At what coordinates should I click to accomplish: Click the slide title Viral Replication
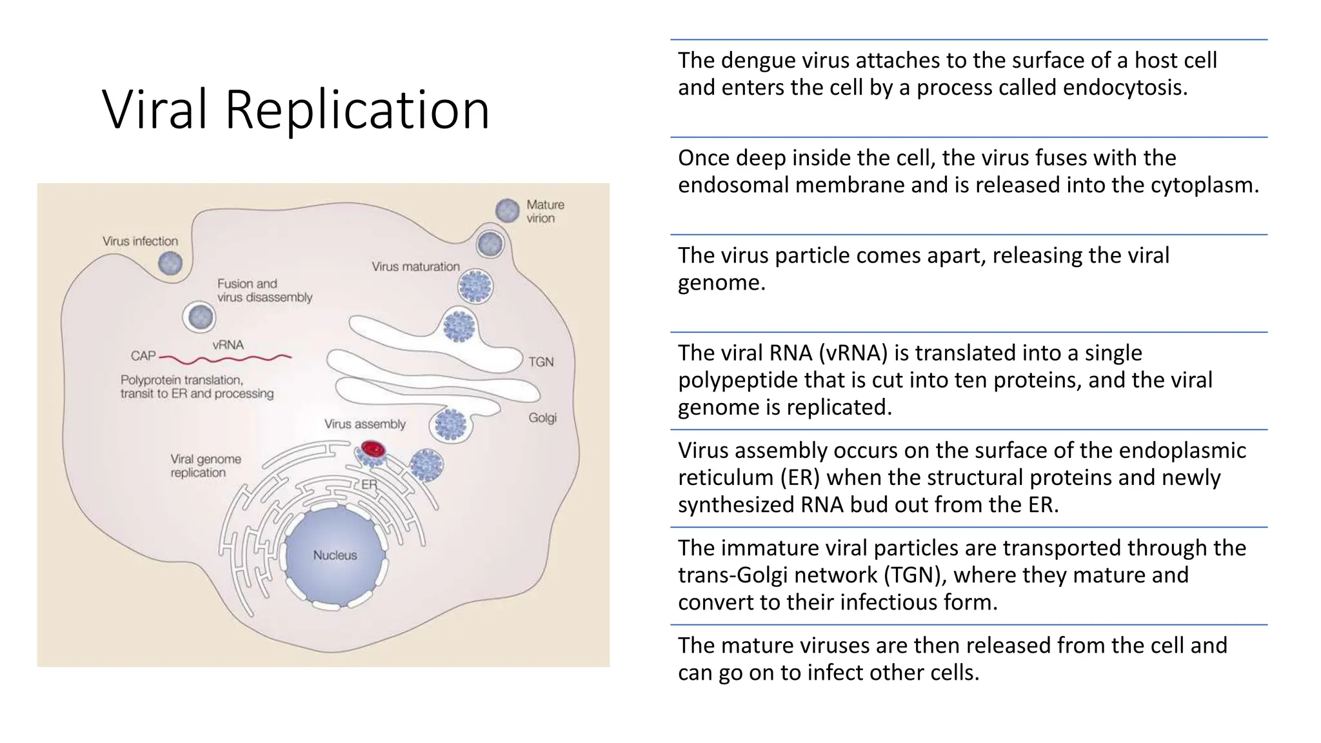coord(295,110)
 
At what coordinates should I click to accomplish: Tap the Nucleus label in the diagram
coord(335,555)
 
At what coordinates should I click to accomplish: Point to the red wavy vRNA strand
coord(226,357)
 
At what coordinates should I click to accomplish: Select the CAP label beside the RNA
coord(143,356)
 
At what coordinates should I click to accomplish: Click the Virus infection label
coord(140,241)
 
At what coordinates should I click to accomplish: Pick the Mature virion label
coord(545,212)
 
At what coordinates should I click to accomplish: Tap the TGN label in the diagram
coord(541,362)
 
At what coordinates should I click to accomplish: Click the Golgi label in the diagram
coord(542,418)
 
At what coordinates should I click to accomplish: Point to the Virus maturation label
coord(415,266)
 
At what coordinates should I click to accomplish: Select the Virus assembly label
coord(364,424)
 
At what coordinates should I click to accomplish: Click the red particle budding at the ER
coord(373,449)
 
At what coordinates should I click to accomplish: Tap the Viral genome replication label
coord(205,466)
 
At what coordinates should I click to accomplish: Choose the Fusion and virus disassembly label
coord(264,290)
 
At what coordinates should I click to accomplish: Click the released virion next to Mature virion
coord(508,210)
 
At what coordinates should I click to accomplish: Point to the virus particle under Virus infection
coord(170,263)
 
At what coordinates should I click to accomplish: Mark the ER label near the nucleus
coord(369,484)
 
